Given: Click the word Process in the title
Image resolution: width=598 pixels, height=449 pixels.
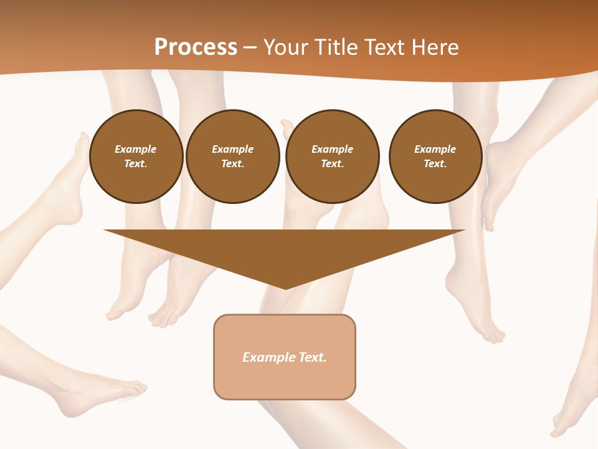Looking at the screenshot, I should tap(196, 47).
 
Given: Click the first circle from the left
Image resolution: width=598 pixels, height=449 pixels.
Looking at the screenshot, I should tap(136, 157).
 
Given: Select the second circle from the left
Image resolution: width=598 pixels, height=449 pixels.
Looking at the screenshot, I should tap(233, 157).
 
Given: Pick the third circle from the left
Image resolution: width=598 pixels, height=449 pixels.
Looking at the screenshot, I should tap(332, 157).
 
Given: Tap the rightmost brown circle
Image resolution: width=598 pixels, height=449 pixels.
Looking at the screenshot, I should tap(435, 157).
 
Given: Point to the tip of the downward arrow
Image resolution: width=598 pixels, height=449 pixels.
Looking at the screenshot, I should tap(285, 288).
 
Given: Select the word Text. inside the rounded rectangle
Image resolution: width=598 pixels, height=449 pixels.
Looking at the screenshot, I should tap(313, 357).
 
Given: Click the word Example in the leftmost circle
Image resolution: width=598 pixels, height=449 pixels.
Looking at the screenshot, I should tap(136, 149).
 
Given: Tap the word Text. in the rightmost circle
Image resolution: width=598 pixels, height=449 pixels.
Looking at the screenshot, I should tap(435, 164).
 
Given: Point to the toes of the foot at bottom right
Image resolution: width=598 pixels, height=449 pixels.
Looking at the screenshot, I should tap(556, 430).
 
